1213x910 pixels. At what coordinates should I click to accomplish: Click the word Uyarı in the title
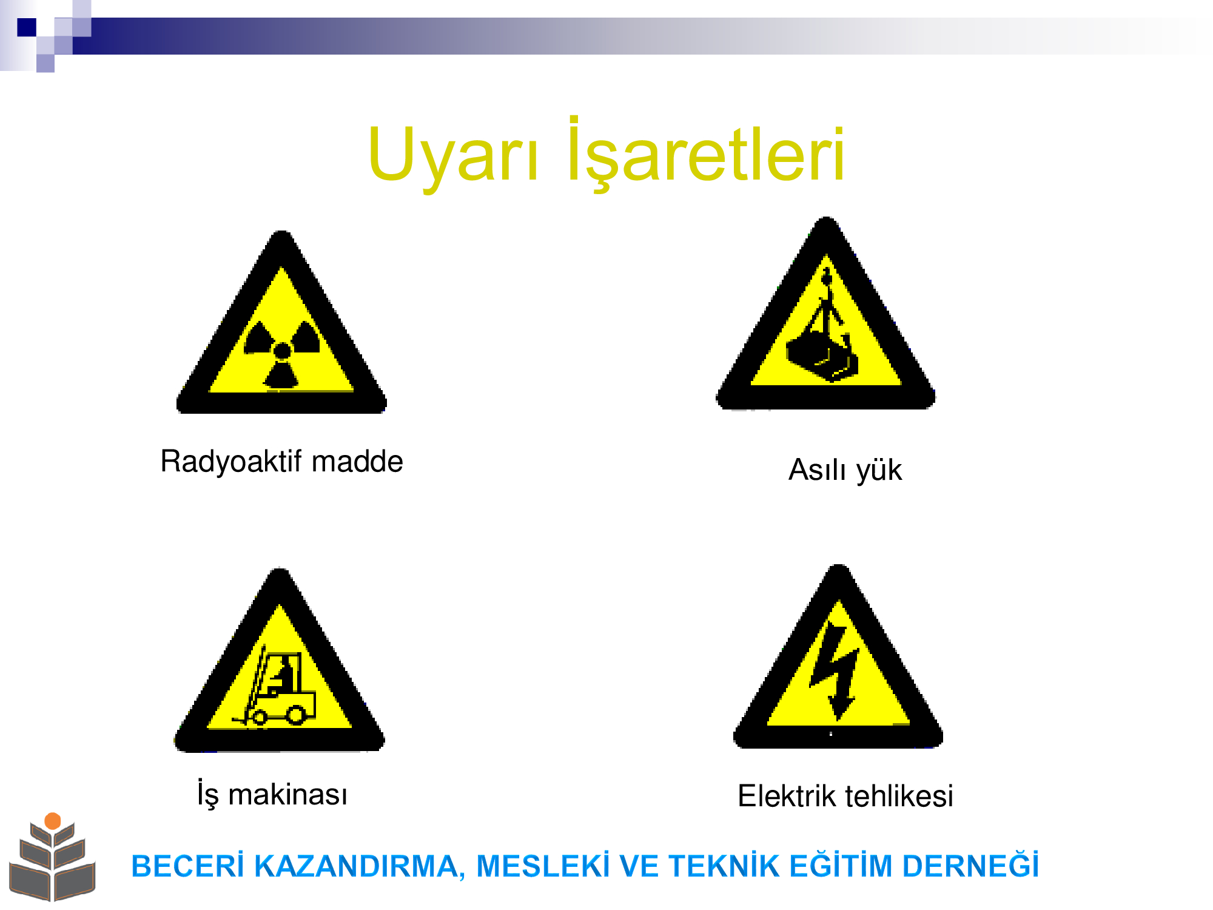point(452,155)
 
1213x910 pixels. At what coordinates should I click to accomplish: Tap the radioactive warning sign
point(281,322)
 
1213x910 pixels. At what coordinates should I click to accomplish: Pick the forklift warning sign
point(280,660)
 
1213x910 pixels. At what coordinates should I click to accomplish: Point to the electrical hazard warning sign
point(838,657)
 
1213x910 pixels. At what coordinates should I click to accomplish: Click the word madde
point(357,461)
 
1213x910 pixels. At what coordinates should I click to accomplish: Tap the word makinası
point(287,795)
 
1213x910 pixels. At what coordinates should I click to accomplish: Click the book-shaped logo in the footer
point(53,857)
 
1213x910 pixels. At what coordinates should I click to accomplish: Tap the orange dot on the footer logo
point(53,821)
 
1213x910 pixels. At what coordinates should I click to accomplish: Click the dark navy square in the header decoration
point(27,27)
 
